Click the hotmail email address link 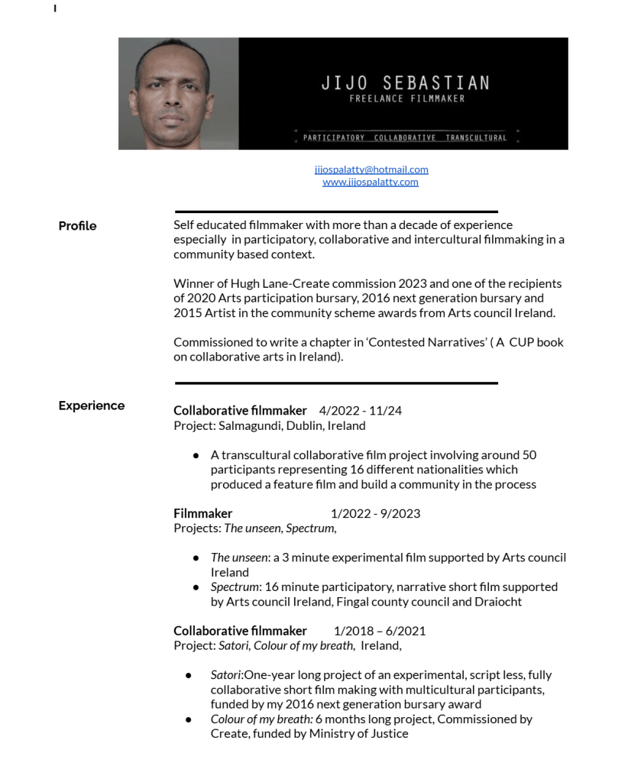tap(371, 170)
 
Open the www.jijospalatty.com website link tap(371, 182)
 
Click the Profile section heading tap(77, 226)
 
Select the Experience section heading tap(91, 406)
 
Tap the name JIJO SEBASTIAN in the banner tap(406, 83)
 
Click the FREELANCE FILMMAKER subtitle tap(406, 99)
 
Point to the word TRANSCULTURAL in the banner tap(476, 137)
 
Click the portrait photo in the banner tap(179, 94)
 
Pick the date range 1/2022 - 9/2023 tap(375, 513)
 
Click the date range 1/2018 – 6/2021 tap(380, 631)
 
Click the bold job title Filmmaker tap(202, 513)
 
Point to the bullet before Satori tap(189, 675)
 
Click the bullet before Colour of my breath tap(189, 719)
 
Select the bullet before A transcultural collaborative tap(196, 455)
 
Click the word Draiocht tap(502, 602)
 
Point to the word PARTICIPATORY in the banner tap(334, 137)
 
